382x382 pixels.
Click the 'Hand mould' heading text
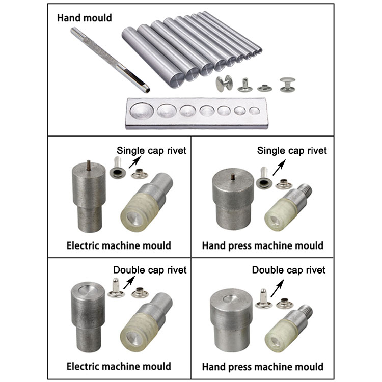85,18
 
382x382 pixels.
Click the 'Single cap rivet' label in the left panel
152,150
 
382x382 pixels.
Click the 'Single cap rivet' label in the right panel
292,150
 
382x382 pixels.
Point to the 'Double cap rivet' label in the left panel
150,269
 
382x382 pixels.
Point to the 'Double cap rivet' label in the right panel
288,269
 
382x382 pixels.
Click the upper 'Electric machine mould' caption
119,245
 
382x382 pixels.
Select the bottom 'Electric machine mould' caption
119,366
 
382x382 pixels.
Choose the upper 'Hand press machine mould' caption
262,245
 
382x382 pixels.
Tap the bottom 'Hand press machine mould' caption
262,366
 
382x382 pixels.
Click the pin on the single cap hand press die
232,177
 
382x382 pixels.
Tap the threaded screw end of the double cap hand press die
306,308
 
